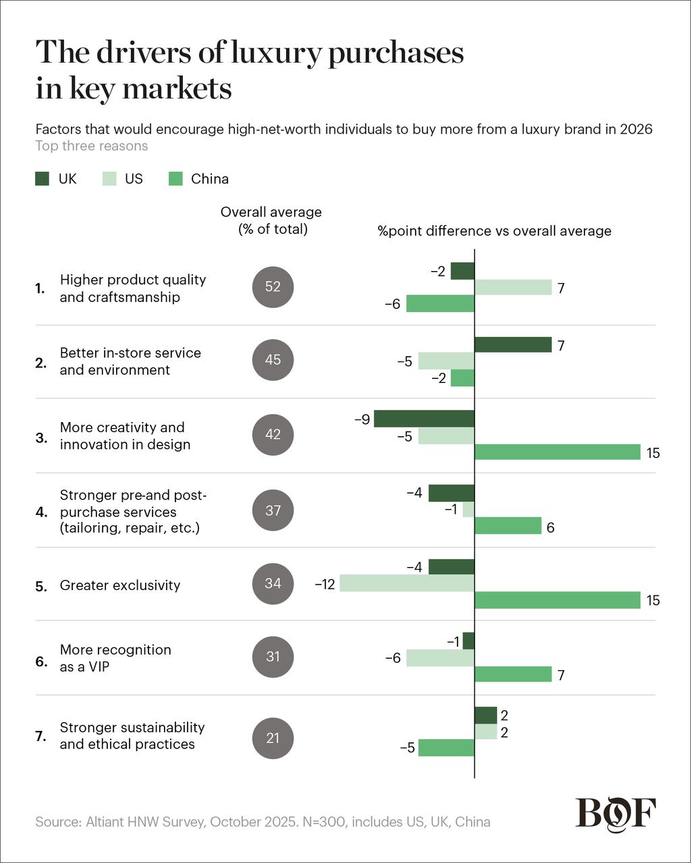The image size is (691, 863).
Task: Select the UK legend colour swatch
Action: pyautogui.click(x=42, y=179)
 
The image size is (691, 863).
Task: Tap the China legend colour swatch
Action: pyautogui.click(x=175, y=179)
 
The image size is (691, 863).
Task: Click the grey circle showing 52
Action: pyautogui.click(x=273, y=287)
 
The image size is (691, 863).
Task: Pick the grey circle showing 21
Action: pyautogui.click(x=273, y=738)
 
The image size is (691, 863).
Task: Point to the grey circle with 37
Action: pyautogui.click(x=273, y=510)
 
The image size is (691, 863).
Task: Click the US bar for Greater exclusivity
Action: pyautogui.click(x=407, y=583)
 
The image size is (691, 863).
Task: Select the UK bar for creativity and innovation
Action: pyautogui.click(x=424, y=419)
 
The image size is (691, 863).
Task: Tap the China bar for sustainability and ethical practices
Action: pyautogui.click(x=447, y=748)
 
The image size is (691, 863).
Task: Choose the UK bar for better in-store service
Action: pyautogui.click(x=513, y=345)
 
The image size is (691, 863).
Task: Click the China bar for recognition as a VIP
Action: pyautogui.click(x=513, y=674)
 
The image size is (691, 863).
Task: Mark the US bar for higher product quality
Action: pyautogui.click(x=513, y=287)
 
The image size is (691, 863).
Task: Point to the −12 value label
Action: pyautogui.click(x=325, y=585)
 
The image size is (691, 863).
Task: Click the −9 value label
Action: pyautogui.click(x=362, y=419)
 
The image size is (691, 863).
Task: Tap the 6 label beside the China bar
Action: pyautogui.click(x=551, y=528)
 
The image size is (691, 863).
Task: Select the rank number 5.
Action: pyautogui.click(x=41, y=587)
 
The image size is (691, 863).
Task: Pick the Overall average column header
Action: pyautogui.click(x=271, y=220)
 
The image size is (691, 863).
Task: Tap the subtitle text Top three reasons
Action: pyautogui.click(x=92, y=146)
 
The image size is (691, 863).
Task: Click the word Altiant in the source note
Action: pyautogui.click(x=105, y=822)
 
